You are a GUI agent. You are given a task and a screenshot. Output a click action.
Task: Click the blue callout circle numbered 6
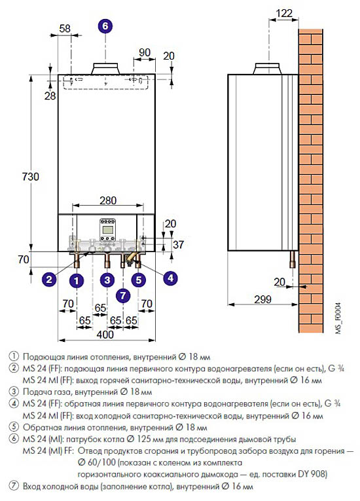coord(105,26)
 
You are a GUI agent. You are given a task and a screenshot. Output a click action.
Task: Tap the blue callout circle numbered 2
coord(49,280)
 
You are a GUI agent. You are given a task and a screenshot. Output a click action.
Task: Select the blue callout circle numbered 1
coord(77,280)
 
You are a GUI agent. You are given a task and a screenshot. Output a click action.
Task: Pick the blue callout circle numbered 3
coord(107,280)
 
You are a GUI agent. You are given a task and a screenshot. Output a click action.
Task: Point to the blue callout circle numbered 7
coord(123,295)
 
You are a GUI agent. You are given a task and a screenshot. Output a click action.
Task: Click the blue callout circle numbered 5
coord(139,280)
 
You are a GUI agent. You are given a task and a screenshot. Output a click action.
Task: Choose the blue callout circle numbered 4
coord(170,278)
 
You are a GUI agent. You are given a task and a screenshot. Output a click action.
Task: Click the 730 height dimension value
coord(31,176)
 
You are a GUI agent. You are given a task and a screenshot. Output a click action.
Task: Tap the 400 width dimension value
coord(105,334)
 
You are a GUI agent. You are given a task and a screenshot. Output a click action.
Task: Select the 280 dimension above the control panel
coord(108,200)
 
